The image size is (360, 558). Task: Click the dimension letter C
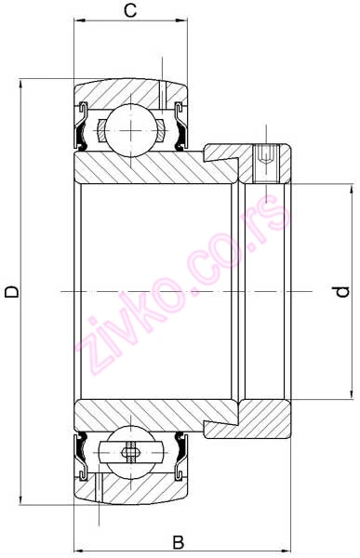tap(131, 11)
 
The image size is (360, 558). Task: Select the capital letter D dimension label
tap(11, 292)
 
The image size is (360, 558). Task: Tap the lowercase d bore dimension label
tap(342, 292)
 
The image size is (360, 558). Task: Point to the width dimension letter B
tap(179, 542)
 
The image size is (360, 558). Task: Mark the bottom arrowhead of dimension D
tap(20, 500)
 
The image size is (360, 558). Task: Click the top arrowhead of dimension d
tap(351, 186)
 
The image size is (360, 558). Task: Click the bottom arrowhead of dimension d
tap(351, 398)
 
